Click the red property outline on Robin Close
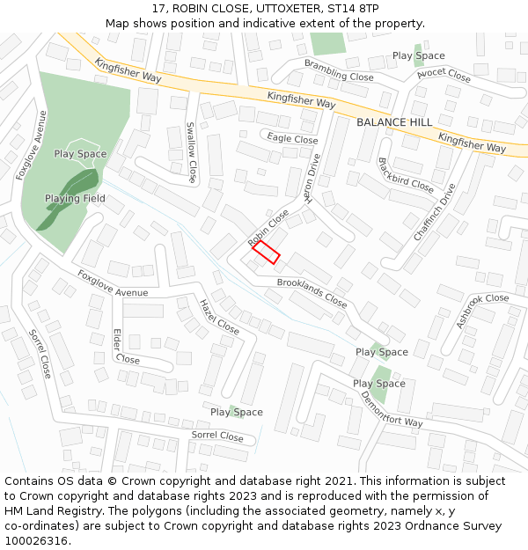pyautogui.click(x=266, y=253)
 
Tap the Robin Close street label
pyautogui.click(x=268, y=228)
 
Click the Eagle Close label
pyautogui.click(x=293, y=139)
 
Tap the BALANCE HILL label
pyautogui.click(x=394, y=122)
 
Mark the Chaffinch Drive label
pyautogui.click(x=435, y=212)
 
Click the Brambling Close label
pyautogui.click(x=339, y=70)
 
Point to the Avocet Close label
pyautogui.click(x=444, y=75)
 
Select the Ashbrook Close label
pyautogui.click(x=482, y=311)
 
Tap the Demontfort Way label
pyautogui.click(x=391, y=409)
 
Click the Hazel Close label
pyautogui.click(x=218, y=317)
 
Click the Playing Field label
pyautogui.click(x=75, y=199)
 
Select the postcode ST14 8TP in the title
pyautogui.click(x=353, y=8)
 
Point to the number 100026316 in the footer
pyautogui.click(x=36, y=541)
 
